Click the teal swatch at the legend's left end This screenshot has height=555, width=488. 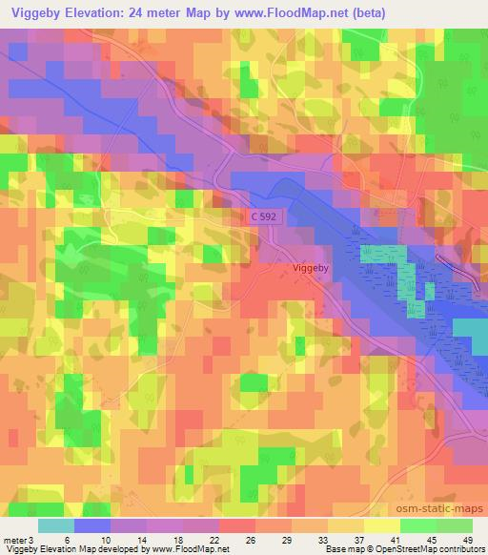click(x=56, y=525)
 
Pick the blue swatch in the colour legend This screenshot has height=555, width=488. click(x=92, y=525)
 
